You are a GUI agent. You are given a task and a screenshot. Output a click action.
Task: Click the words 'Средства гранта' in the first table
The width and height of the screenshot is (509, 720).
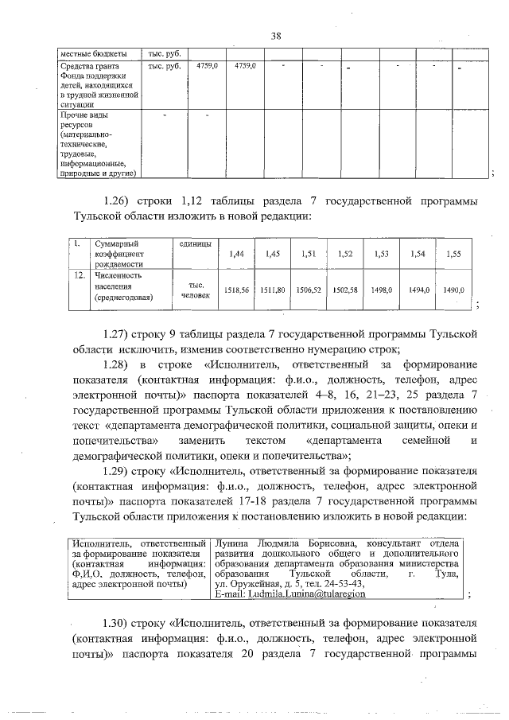91,66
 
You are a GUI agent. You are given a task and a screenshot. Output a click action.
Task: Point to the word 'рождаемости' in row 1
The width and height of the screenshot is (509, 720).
119,263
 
